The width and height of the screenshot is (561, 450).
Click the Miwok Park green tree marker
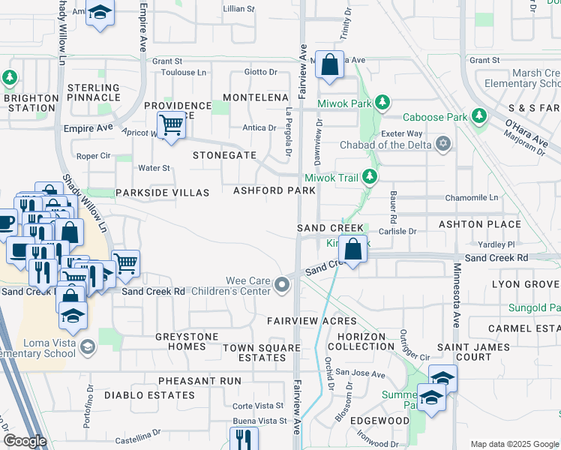[x=382, y=101]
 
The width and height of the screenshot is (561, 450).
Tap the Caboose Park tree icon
[x=478, y=117]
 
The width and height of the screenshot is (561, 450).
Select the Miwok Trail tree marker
[x=369, y=177]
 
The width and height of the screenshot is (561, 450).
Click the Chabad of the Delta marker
[x=444, y=143]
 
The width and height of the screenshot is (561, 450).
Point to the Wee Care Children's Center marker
[x=282, y=284]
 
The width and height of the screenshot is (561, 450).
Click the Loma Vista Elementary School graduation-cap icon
[x=88, y=346]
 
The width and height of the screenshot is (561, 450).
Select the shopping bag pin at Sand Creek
[x=354, y=247]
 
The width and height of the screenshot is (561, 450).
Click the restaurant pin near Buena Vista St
[x=244, y=438]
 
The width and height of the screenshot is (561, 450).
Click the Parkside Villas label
[x=162, y=193]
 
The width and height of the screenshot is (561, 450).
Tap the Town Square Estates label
[x=255, y=352]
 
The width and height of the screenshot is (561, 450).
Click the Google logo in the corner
[x=25, y=441]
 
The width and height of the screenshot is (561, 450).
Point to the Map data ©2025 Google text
[x=514, y=444]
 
